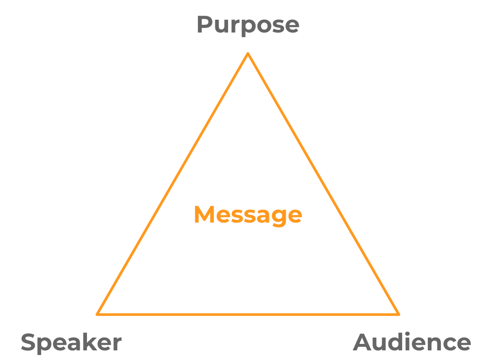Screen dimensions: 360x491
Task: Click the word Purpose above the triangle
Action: (248, 25)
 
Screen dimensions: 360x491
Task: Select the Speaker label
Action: (71, 343)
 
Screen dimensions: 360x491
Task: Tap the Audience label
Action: (412, 343)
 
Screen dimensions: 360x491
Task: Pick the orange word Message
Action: (248, 214)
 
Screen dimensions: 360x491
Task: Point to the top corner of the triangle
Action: (248, 54)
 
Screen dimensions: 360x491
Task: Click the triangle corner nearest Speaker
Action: (98, 314)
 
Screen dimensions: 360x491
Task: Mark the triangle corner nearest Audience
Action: (398, 314)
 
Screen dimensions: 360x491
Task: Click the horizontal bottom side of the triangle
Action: (248, 314)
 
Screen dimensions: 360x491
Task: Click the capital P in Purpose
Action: (205, 24)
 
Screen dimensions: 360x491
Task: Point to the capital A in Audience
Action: (363, 343)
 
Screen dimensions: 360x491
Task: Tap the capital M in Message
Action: (204, 214)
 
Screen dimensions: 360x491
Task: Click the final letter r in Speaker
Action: (118, 344)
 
